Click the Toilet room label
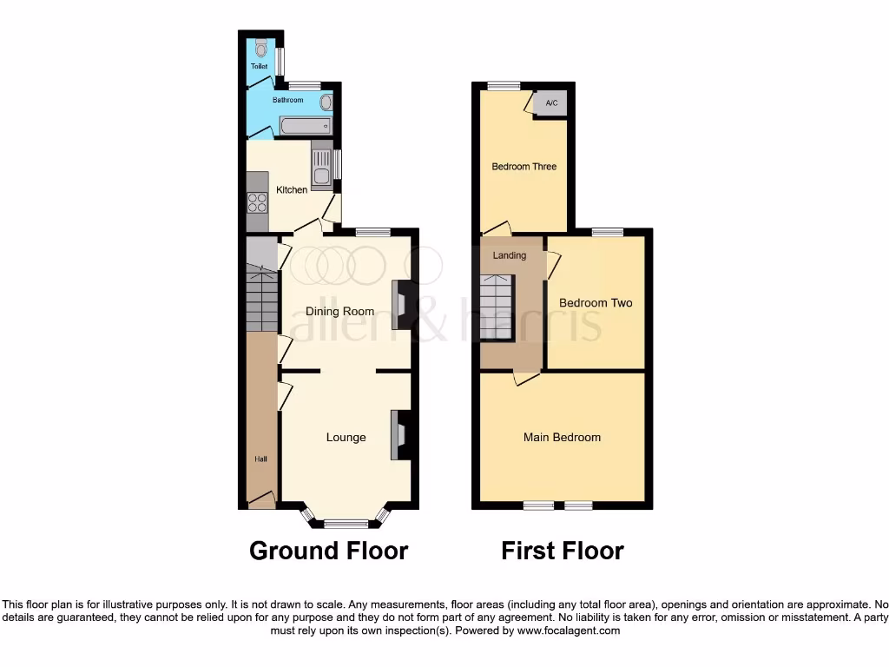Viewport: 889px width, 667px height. [x=259, y=66]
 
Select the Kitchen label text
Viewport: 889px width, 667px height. [x=292, y=189]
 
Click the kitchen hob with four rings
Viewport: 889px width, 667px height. [x=258, y=202]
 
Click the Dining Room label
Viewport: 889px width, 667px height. [x=339, y=311]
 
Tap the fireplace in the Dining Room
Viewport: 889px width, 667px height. [x=401, y=305]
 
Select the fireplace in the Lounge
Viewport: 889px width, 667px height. [x=401, y=434]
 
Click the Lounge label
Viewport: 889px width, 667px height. [x=346, y=437]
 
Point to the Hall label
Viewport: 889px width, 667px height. [x=260, y=459]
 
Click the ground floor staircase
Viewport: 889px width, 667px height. [x=261, y=299]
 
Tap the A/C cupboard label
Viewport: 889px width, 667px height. [x=551, y=104]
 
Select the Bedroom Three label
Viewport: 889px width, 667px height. [x=524, y=166]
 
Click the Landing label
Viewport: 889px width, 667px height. [x=509, y=255]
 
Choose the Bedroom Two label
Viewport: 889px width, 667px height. [x=596, y=303]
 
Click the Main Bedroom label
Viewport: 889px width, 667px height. [x=562, y=437]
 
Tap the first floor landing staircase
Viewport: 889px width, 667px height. [x=497, y=308]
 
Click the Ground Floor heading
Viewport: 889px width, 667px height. [x=328, y=551]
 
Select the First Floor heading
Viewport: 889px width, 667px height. [x=562, y=551]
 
